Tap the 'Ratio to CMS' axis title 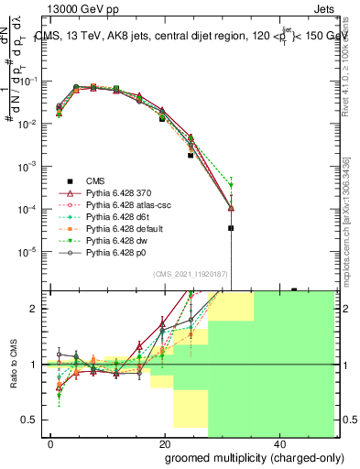point(13,365)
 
